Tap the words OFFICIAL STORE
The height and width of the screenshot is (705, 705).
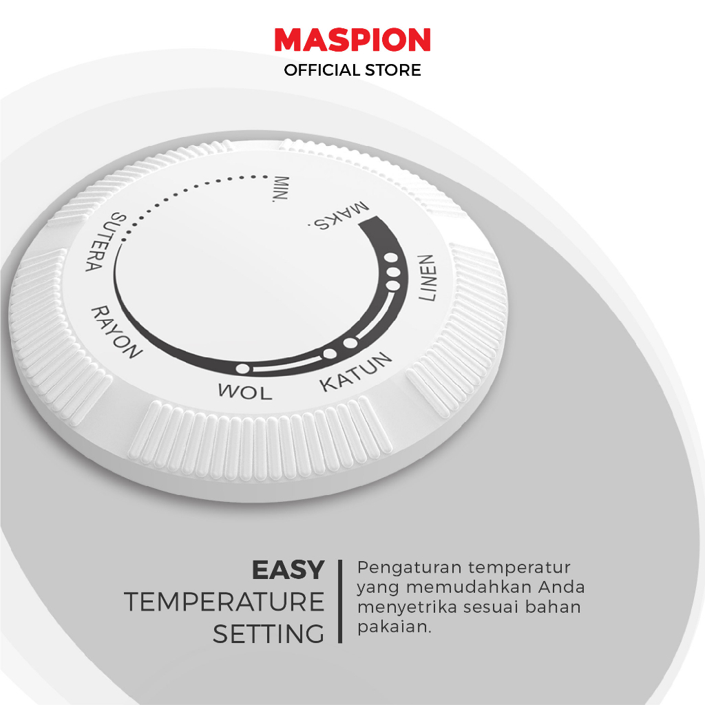coord(352,70)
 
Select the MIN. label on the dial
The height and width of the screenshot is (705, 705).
coord(282,189)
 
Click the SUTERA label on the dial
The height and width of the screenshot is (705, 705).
coord(102,242)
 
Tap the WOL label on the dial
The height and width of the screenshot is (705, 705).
coord(245,392)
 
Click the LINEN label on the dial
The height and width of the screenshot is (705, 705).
coord(427,278)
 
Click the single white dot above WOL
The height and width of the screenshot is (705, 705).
coord(243,369)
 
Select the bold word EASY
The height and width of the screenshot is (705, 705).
coord(288,570)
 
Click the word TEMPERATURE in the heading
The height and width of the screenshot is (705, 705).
coord(224,602)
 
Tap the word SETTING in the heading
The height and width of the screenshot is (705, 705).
coord(269,634)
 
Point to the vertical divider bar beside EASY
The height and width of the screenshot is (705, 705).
coord(340,601)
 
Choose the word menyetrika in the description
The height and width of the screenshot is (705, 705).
coord(408,607)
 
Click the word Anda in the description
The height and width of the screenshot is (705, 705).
coord(562,587)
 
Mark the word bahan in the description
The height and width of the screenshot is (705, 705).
coord(553,607)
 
